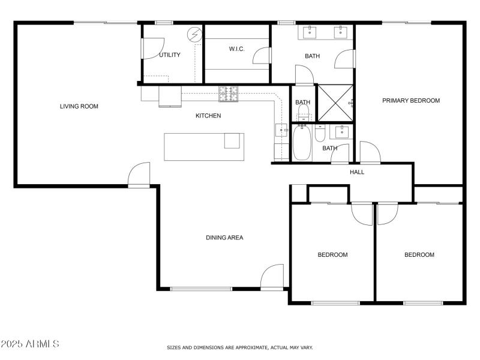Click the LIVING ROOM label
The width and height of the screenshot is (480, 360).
click(x=79, y=106)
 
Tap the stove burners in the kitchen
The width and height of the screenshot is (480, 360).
click(x=228, y=93)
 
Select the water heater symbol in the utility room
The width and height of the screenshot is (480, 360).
click(x=195, y=35)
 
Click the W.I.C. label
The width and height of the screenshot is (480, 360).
click(x=235, y=49)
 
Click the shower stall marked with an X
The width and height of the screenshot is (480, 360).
click(x=335, y=103)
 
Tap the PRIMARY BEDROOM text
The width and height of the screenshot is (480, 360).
click(x=411, y=100)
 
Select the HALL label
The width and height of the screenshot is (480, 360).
click(x=357, y=172)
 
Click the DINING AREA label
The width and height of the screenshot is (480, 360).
click(x=224, y=238)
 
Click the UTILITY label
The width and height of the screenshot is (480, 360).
click(x=170, y=55)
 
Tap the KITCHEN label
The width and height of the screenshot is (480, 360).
click(x=208, y=115)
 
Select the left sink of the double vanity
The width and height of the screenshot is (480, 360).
click(x=311, y=31)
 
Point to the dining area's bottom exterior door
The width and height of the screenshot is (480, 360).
click(x=272, y=277)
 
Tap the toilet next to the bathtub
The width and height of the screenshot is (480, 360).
click(x=320, y=133)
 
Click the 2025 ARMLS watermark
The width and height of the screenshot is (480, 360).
click(x=30, y=344)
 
